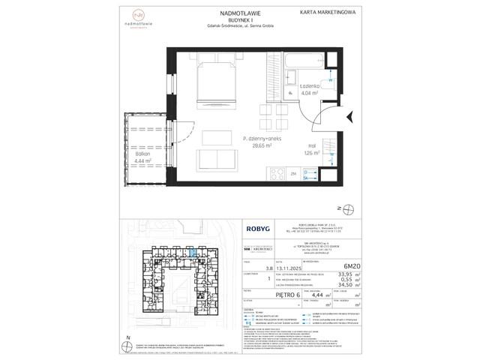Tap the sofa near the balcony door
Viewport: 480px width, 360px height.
pyautogui.click(x=214, y=160)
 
